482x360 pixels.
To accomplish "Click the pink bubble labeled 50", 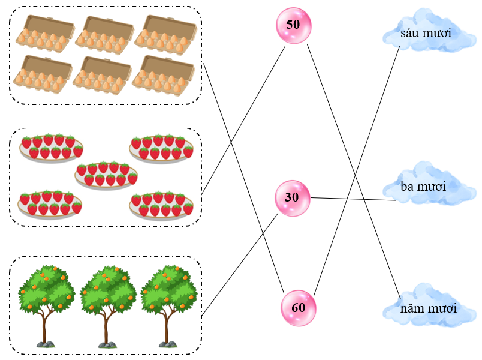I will click(293, 25).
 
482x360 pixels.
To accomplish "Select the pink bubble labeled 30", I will click(293, 198).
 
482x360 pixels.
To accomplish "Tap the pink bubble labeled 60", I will click(298, 308).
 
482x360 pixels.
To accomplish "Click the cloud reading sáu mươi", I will click(426, 32).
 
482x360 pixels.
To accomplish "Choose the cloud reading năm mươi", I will click(428, 309).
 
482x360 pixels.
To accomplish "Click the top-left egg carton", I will click(44, 32).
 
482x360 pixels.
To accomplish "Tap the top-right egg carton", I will click(166, 32).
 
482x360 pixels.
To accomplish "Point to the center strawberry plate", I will click(106, 175).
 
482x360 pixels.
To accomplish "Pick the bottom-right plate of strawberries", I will click(161, 205).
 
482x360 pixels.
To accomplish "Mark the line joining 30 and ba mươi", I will click(354, 199).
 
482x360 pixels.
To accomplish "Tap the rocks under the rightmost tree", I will click(168, 344).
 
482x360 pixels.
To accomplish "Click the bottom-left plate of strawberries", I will click(50, 204).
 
